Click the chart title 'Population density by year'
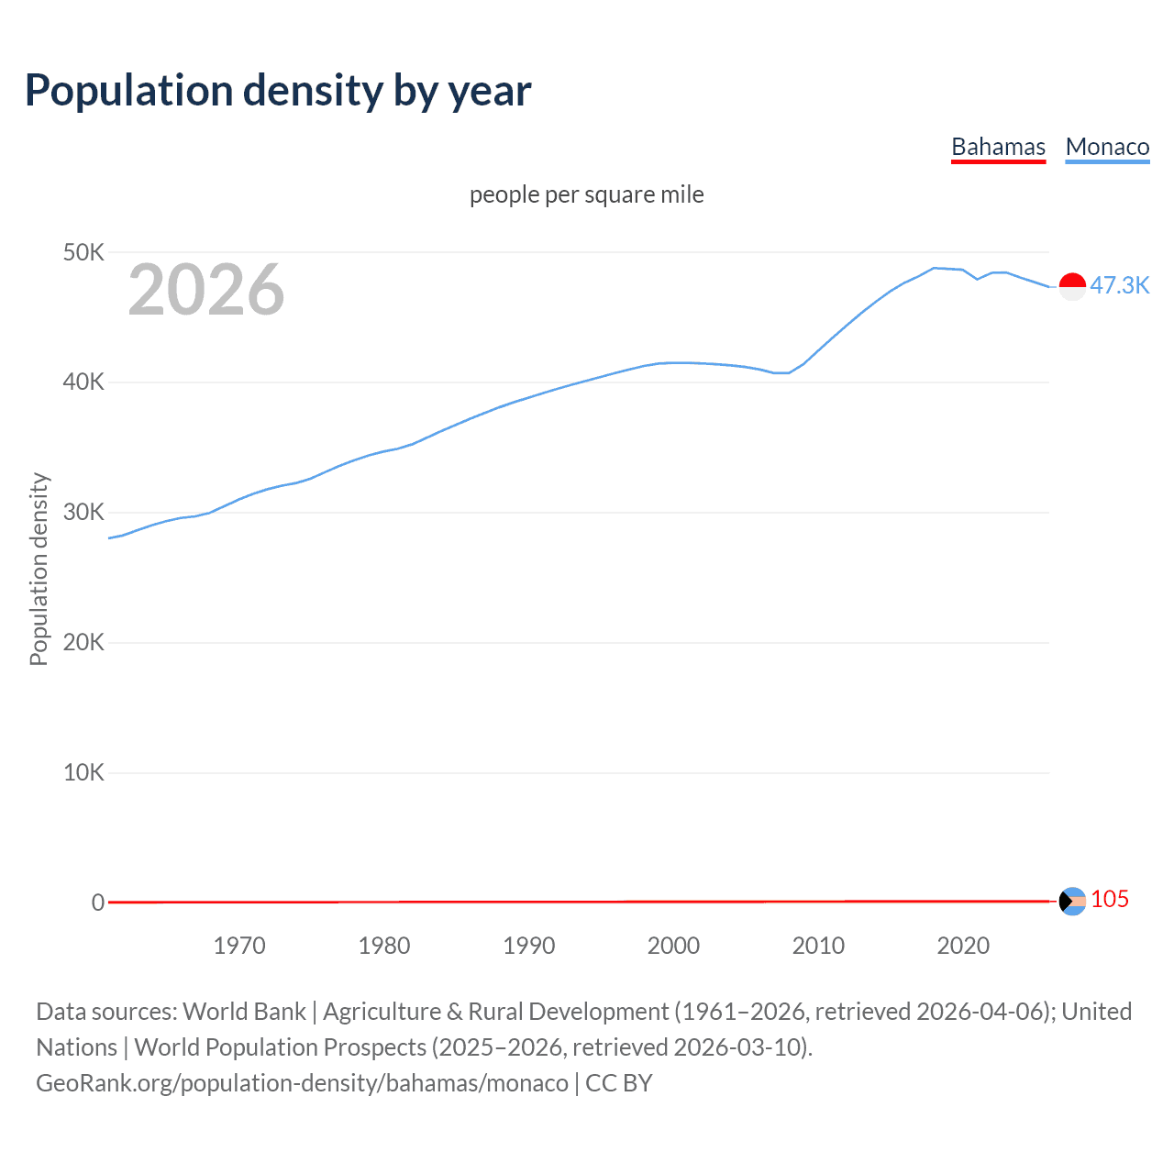pyautogui.click(x=278, y=91)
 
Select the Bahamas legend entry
pyautogui.click(x=998, y=147)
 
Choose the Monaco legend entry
pyautogui.click(x=1107, y=147)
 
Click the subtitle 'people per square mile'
pyautogui.click(x=586, y=194)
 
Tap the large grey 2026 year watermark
pyautogui.click(x=206, y=290)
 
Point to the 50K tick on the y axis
pyautogui.click(x=83, y=252)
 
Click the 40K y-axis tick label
pyautogui.click(x=83, y=382)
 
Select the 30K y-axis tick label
pyautogui.click(x=83, y=513)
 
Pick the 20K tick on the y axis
pyautogui.click(x=83, y=642)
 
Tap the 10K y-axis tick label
pyautogui.click(x=83, y=772)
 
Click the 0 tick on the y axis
pyautogui.click(x=98, y=903)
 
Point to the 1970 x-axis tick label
pyautogui.click(x=239, y=946)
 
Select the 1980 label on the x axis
pyautogui.click(x=384, y=946)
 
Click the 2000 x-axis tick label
pyautogui.click(x=673, y=946)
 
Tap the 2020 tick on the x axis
pyautogui.click(x=963, y=946)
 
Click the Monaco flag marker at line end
pyautogui.click(x=1072, y=286)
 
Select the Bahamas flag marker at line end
pyautogui.click(x=1072, y=902)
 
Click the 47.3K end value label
pyautogui.click(x=1119, y=285)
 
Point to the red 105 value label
pyautogui.click(x=1110, y=900)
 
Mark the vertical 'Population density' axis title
pyautogui.click(x=39, y=569)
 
